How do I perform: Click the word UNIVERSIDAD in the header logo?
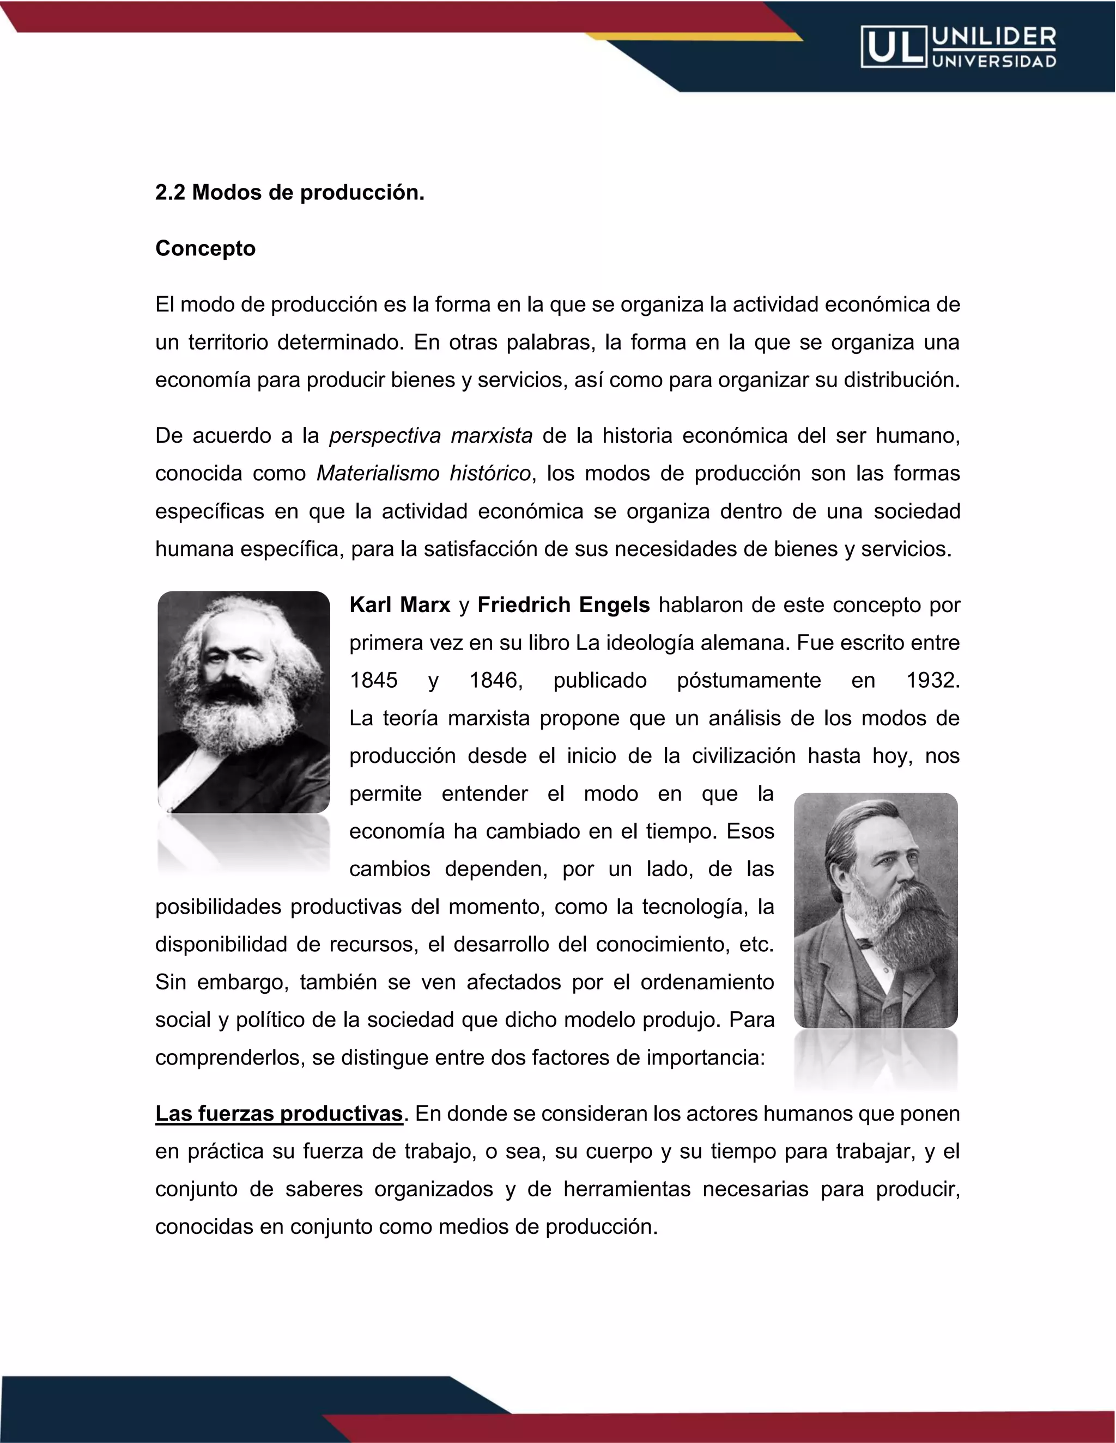tap(994, 62)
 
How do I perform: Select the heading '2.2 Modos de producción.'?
tap(289, 192)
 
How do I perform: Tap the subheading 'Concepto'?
tap(205, 248)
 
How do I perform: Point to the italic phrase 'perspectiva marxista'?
tap(430, 436)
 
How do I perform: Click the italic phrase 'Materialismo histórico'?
tap(423, 474)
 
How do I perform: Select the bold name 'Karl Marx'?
tap(399, 605)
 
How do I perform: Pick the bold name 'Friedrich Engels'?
tap(563, 605)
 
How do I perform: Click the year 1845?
tap(373, 681)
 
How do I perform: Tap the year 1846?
tap(495, 681)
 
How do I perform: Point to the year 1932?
tap(932, 681)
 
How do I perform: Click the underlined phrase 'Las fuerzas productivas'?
tap(279, 1114)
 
